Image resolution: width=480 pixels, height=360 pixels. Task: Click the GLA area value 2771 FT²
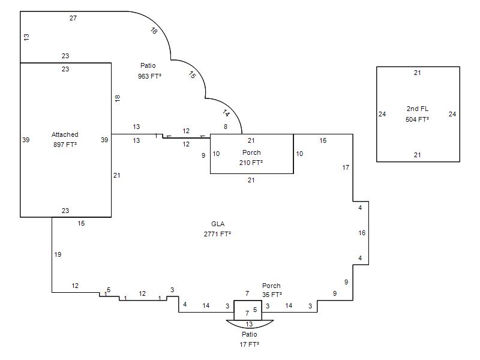(x=217, y=234)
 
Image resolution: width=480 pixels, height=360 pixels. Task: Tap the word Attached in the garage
(x=65, y=134)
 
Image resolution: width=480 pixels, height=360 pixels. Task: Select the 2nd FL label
(x=417, y=109)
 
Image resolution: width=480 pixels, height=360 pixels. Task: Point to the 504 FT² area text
(x=417, y=119)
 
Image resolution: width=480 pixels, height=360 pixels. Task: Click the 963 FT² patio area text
(x=149, y=76)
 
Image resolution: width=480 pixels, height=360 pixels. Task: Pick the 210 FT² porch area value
(x=251, y=163)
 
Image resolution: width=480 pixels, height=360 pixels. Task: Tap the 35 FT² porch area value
(x=272, y=295)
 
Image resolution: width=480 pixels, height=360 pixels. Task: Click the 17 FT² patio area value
(x=249, y=344)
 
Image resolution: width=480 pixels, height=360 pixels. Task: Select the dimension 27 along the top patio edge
(x=73, y=18)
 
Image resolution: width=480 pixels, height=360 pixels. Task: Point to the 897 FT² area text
(x=65, y=145)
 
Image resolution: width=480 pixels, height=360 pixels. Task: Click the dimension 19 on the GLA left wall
(x=58, y=254)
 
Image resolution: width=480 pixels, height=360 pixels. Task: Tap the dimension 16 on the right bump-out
(x=362, y=233)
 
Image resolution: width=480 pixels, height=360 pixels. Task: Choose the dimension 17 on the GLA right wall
(x=346, y=167)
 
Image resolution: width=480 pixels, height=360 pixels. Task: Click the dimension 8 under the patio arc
(x=226, y=127)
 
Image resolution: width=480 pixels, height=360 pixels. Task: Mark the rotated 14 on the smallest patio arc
(x=226, y=113)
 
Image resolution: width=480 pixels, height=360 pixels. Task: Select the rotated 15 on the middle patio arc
(x=192, y=74)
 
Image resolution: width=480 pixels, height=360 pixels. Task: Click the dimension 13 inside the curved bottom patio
(x=249, y=324)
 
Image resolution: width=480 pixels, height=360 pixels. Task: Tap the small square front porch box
(x=248, y=310)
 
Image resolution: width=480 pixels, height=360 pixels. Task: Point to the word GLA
(x=218, y=224)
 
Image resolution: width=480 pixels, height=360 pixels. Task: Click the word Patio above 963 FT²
(x=148, y=65)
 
